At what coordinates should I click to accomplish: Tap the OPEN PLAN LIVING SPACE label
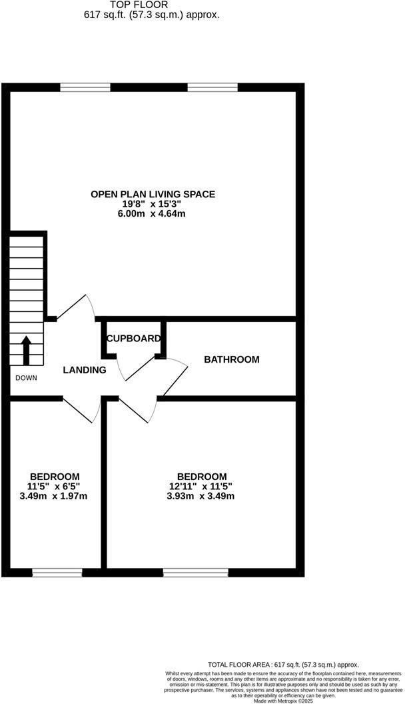point(153,194)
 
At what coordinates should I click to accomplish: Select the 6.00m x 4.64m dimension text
point(153,213)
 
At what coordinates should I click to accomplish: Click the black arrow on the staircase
point(27,349)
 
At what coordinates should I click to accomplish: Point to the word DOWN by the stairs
point(27,378)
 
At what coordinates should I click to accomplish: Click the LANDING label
point(85,370)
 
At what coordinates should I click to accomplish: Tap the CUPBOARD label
point(134,339)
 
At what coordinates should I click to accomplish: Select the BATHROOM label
point(231,359)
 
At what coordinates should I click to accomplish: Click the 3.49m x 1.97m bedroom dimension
point(54,496)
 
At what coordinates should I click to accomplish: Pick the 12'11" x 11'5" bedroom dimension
point(201,486)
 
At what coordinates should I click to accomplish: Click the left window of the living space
point(85,87)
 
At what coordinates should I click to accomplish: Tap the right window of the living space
point(212,87)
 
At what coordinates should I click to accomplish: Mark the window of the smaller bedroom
point(57,572)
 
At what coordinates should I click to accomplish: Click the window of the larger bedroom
point(196,572)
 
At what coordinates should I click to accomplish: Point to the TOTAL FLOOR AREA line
point(283,665)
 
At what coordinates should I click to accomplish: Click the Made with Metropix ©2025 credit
point(283,701)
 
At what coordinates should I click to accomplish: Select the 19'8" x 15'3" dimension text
point(153,204)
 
